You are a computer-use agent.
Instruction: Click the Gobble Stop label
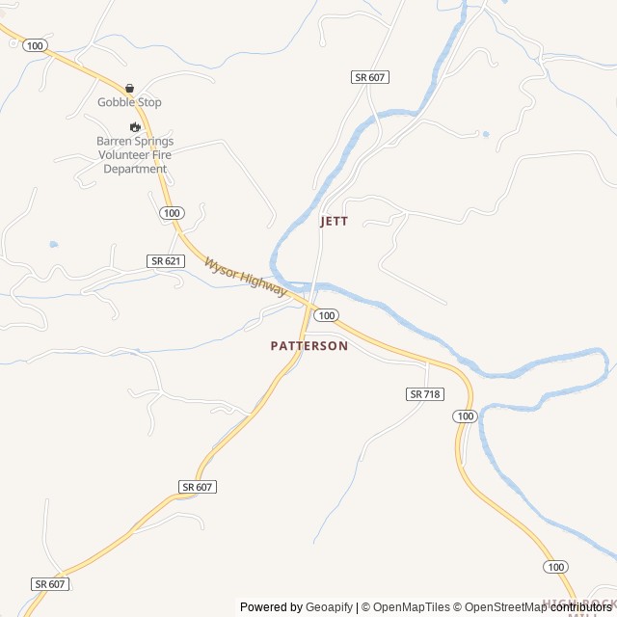[129, 102]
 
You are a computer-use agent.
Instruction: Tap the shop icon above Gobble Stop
[129, 88]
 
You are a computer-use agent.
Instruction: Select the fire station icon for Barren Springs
[135, 126]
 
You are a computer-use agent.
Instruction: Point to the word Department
[135, 169]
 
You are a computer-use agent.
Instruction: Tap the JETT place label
[334, 221]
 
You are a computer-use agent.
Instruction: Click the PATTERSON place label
[308, 345]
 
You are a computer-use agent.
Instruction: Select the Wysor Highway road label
[245, 276]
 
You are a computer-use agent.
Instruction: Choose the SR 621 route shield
[165, 261]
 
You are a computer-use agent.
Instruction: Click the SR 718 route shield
[424, 394]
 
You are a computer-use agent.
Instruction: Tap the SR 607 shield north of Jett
[370, 77]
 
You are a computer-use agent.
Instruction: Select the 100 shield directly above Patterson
[326, 315]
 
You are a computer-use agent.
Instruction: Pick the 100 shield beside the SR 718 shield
[466, 416]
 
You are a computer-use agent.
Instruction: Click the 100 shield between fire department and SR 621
[171, 212]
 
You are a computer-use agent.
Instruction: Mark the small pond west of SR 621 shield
[53, 245]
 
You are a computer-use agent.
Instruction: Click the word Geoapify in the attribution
[329, 607]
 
